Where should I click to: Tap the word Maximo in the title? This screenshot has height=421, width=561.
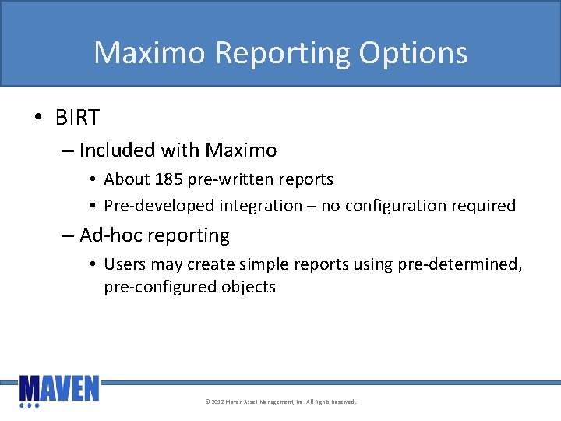click(150, 53)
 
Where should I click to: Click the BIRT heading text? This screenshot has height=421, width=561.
click(77, 118)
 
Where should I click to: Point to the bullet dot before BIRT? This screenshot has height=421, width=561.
click(37, 119)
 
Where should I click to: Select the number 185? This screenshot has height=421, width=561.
click(169, 179)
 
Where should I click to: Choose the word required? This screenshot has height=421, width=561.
click(485, 206)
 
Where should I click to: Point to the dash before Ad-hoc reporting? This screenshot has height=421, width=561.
click(67, 236)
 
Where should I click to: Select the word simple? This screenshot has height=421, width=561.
click(268, 264)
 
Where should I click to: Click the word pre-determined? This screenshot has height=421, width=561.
click(460, 264)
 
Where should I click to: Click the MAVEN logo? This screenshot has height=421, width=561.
click(59, 390)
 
